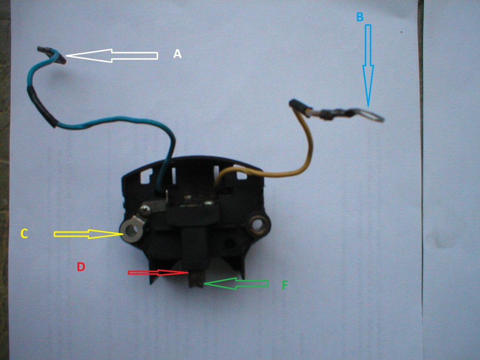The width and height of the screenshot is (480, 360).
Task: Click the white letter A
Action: (x=177, y=54)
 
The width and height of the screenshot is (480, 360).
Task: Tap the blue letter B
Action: (x=359, y=17)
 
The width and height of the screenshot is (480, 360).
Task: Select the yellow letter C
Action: (x=24, y=234)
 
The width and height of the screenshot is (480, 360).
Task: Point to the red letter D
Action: (x=81, y=267)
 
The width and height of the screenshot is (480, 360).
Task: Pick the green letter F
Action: (x=284, y=285)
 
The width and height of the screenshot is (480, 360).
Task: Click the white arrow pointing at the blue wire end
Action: (x=112, y=56)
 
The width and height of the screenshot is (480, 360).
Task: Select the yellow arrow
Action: (x=88, y=234)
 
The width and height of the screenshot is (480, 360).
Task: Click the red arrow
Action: (x=157, y=273)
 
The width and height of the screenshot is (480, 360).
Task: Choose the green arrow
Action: (x=236, y=283)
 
